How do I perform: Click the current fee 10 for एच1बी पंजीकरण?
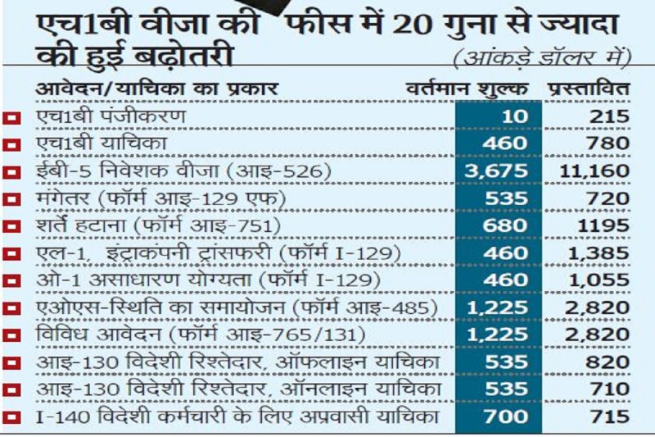tap(517, 116)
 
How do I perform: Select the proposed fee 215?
tap(608, 116)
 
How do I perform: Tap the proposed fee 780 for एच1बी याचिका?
tap(608, 144)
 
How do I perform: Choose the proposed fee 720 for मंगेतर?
tap(608, 198)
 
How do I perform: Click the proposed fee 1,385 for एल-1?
tap(599, 253)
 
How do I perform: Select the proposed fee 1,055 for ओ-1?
tap(599, 280)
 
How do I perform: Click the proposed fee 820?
tap(608, 363)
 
